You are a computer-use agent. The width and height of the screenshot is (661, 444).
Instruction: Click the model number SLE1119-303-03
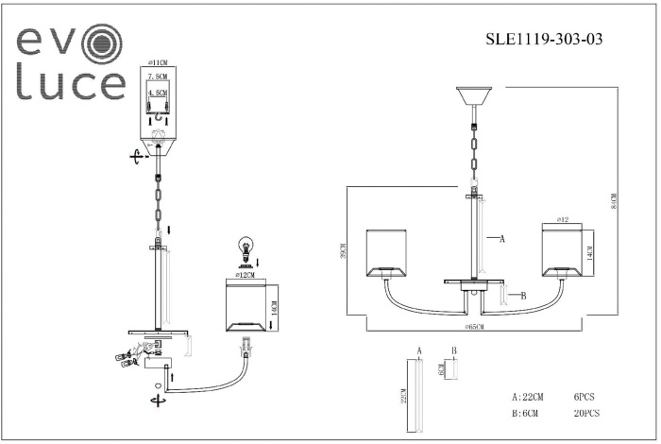[543, 40]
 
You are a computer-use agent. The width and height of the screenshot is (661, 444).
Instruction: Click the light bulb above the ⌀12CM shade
[246, 249]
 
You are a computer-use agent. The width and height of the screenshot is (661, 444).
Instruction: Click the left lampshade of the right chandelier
[385, 251]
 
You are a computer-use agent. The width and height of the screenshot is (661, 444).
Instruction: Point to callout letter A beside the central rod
[501, 240]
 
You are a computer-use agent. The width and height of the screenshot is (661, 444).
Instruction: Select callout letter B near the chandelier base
[522, 296]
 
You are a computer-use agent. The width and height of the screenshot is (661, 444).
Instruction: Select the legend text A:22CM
[529, 398]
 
